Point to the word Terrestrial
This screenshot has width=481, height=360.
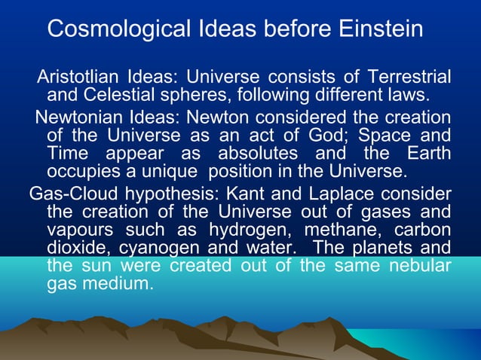click(409, 78)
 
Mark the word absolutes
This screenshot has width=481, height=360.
click(254, 154)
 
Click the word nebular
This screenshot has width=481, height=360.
click(413, 267)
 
